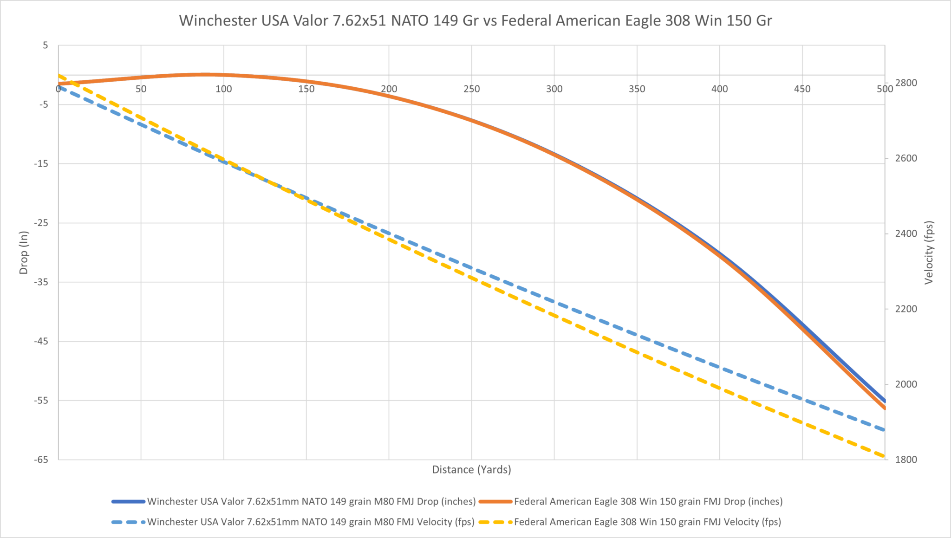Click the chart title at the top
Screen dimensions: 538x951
(475, 21)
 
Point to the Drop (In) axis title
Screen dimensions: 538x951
(24, 253)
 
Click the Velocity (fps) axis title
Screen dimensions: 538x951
(928, 253)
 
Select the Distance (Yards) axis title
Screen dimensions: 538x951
(471, 469)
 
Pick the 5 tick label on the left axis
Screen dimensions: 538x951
(46, 45)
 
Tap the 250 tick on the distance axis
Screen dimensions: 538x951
(471, 89)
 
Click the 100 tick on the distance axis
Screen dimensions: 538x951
(223, 89)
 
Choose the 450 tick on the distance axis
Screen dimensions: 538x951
(802, 89)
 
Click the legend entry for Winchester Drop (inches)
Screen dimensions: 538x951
(311, 501)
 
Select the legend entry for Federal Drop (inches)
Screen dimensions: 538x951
(648, 501)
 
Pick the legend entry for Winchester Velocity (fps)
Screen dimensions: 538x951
(311, 522)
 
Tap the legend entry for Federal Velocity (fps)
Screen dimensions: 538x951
(647, 522)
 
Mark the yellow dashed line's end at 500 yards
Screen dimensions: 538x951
(884, 456)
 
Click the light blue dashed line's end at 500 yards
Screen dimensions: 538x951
(884, 430)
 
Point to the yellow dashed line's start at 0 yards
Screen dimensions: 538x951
(59, 76)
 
